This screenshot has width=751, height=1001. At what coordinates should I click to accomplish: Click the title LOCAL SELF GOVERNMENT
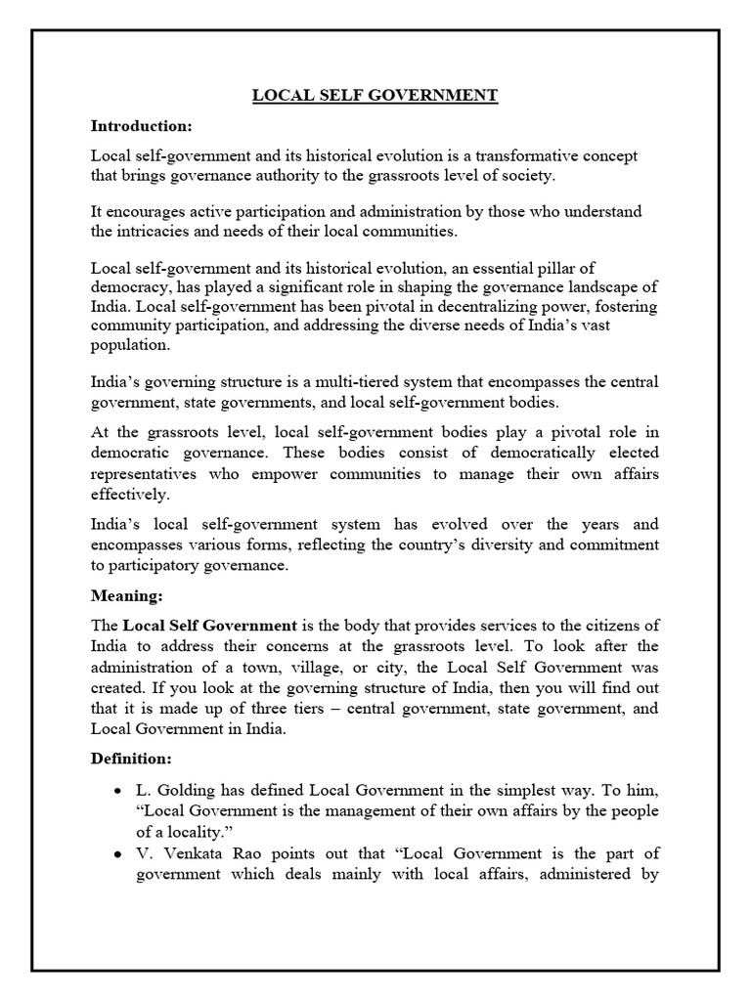pos(375,96)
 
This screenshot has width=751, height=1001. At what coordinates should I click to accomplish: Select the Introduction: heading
pos(142,126)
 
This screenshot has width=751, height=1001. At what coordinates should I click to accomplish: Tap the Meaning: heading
pos(126,595)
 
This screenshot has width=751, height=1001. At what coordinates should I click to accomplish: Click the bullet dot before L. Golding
pos(118,788)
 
